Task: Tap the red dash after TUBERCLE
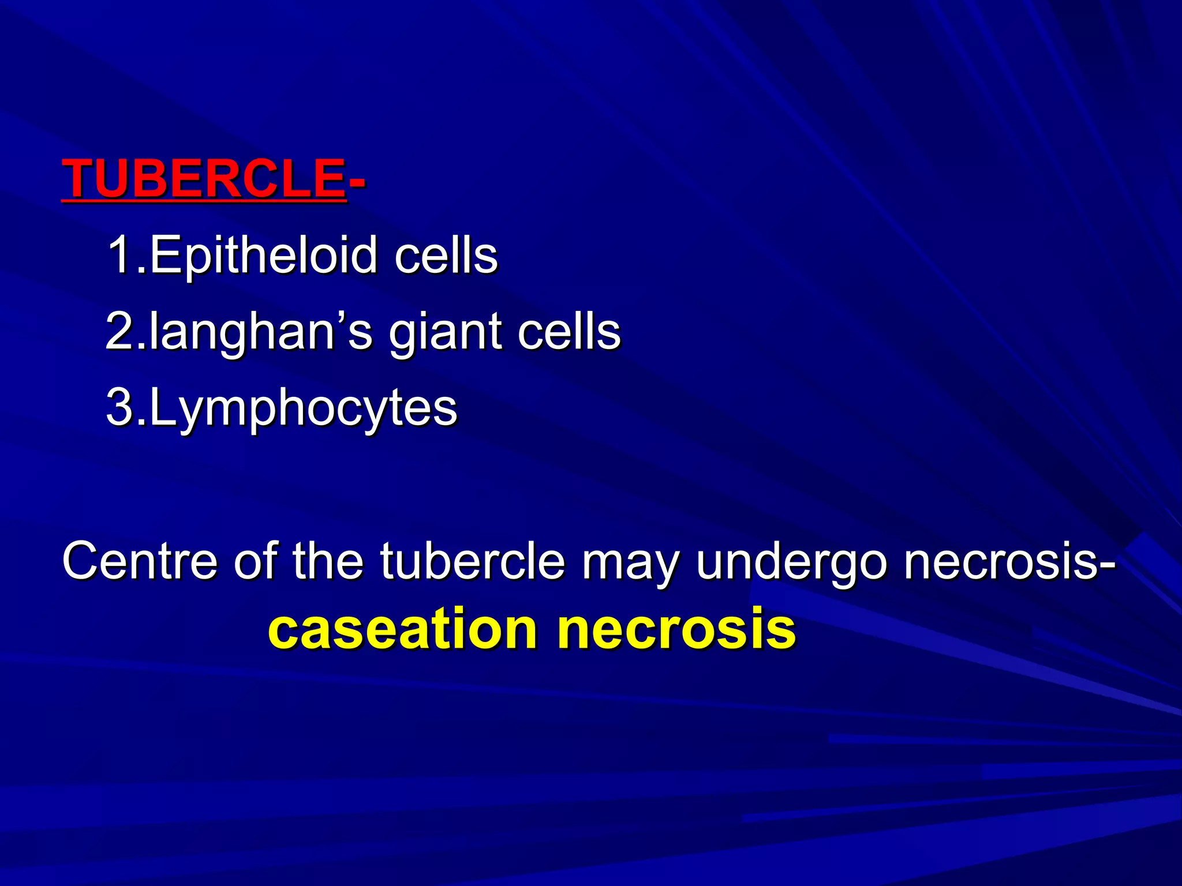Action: click(357, 182)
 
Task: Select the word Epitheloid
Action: click(263, 256)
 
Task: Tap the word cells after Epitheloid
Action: click(446, 256)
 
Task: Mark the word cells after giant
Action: click(568, 333)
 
